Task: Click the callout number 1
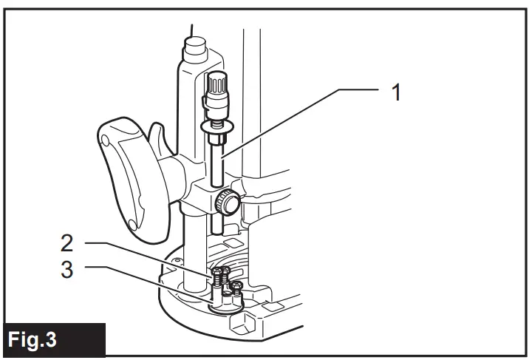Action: (x=397, y=93)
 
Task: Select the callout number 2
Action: (x=67, y=243)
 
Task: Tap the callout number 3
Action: (x=67, y=270)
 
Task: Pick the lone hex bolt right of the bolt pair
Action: (x=236, y=288)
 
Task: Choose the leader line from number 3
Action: (x=140, y=282)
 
